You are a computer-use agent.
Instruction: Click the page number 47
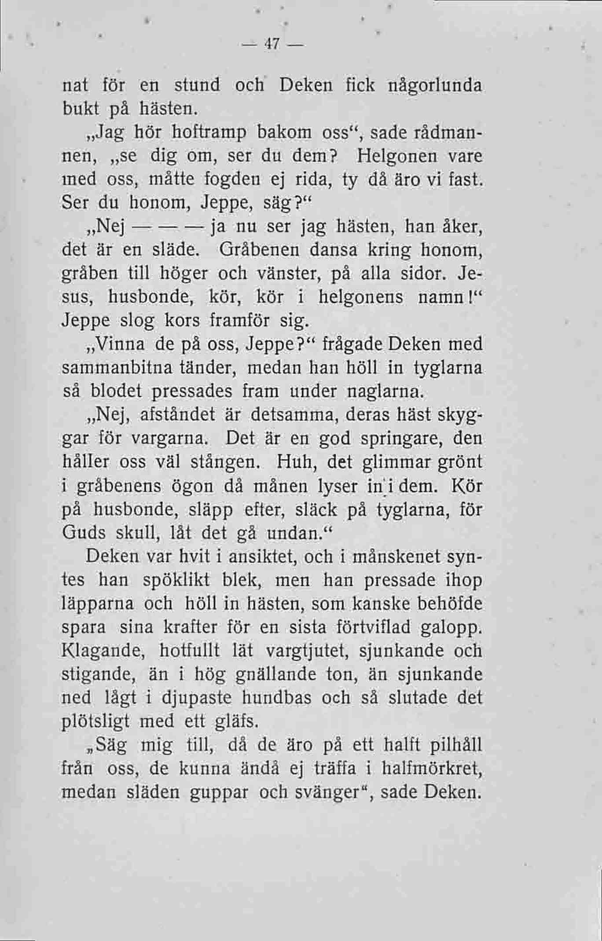coord(269,45)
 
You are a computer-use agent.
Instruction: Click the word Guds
coord(83,533)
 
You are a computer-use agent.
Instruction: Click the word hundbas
coord(279,699)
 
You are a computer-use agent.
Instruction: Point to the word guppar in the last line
coord(219,793)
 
